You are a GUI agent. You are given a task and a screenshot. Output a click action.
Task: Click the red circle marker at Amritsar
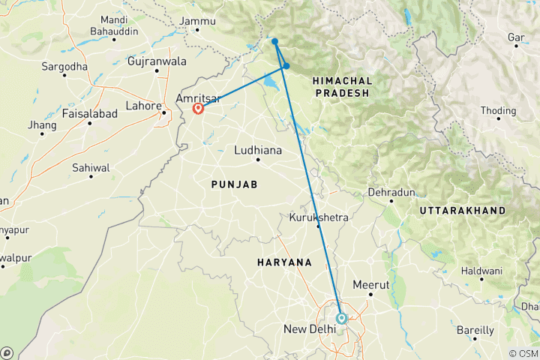tap(199, 108)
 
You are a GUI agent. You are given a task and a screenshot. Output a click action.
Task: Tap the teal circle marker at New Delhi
tap(341, 318)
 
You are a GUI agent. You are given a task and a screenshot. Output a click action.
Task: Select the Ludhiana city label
tap(258, 150)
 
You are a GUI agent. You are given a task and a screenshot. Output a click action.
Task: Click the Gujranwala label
tap(157, 60)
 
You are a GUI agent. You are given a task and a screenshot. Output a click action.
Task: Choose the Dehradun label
tap(391, 193)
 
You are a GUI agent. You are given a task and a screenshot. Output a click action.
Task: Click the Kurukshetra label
tap(319, 218)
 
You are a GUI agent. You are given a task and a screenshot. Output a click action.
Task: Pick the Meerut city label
tap(371, 285)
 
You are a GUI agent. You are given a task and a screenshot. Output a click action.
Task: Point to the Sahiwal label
tap(91, 167)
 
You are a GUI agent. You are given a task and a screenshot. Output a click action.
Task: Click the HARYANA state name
tap(284, 262)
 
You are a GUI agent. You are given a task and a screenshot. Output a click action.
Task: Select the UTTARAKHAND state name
tap(463, 211)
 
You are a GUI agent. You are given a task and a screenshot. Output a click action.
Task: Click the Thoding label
tap(499, 110)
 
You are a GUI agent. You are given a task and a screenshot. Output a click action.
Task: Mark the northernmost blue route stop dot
tap(274, 41)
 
